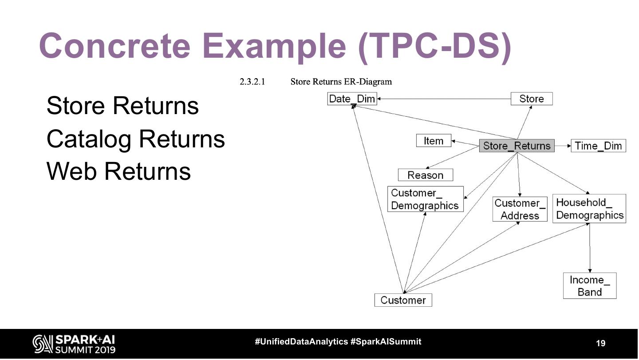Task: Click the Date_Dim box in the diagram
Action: (352, 99)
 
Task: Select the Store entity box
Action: (531, 99)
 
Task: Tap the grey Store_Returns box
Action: (517, 146)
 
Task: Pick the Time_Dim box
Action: (598, 146)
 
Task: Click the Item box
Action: (433, 141)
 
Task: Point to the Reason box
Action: (425, 175)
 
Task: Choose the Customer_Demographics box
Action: (425, 199)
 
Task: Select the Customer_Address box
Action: (520, 209)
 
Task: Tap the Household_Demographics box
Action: (589, 209)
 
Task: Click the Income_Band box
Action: (589, 286)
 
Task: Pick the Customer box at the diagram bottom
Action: (403, 300)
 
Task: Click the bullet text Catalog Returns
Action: (135, 138)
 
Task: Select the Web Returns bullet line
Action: (118, 171)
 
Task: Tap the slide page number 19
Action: (600, 343)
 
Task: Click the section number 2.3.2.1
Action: (252, 82)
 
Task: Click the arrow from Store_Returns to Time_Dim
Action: (563, 146)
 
